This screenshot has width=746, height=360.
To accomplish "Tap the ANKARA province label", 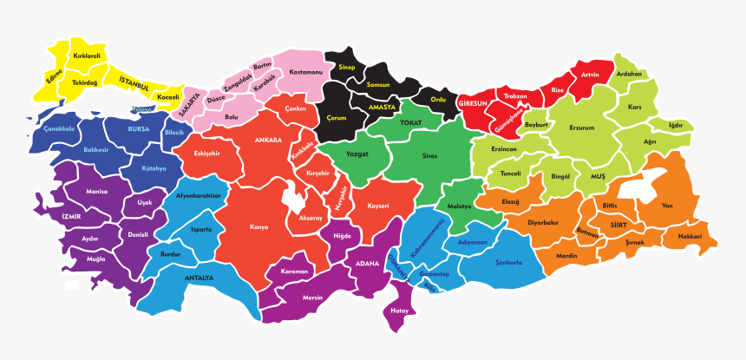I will click(269, 140).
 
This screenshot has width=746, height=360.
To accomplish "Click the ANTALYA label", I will click(199, 278).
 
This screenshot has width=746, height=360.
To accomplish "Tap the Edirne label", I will click(55, 81).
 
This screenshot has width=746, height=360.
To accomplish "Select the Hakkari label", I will click(690, 235).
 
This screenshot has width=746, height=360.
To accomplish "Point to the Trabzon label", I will click(515, 96).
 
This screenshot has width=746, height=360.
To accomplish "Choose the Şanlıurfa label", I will click(507, 263).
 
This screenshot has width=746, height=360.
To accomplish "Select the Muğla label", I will click(95, 259).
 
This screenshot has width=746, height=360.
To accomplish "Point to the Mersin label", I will click(312, 297).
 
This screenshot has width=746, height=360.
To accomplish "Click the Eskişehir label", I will click(206, 153).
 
